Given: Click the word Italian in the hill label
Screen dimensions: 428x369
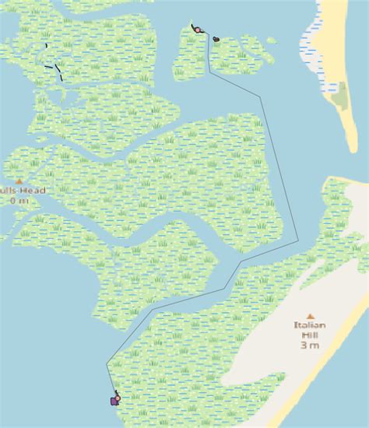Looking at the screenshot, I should (309, 325).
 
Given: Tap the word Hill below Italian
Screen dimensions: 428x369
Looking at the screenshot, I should (309, 335).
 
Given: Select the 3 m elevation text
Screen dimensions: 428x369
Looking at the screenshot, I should (309, 345).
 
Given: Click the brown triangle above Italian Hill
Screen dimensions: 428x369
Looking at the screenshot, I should (310, 315).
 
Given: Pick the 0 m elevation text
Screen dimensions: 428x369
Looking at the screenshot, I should (19, 201).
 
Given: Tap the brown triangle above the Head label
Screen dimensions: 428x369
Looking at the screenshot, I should (19, 181).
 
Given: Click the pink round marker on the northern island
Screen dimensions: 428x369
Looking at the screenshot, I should (198, 30).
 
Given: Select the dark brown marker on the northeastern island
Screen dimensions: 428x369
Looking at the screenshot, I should (216, 39).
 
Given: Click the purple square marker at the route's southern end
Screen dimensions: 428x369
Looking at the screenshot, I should (114, 401).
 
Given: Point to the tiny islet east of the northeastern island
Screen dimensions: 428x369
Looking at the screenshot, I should (270, 40).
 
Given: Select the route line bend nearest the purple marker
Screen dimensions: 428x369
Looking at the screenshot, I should (107, 363).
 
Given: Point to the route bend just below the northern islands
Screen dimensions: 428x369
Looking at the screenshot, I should (209, 72).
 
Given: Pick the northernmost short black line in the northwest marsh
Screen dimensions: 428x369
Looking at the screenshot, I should (47, 46).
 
